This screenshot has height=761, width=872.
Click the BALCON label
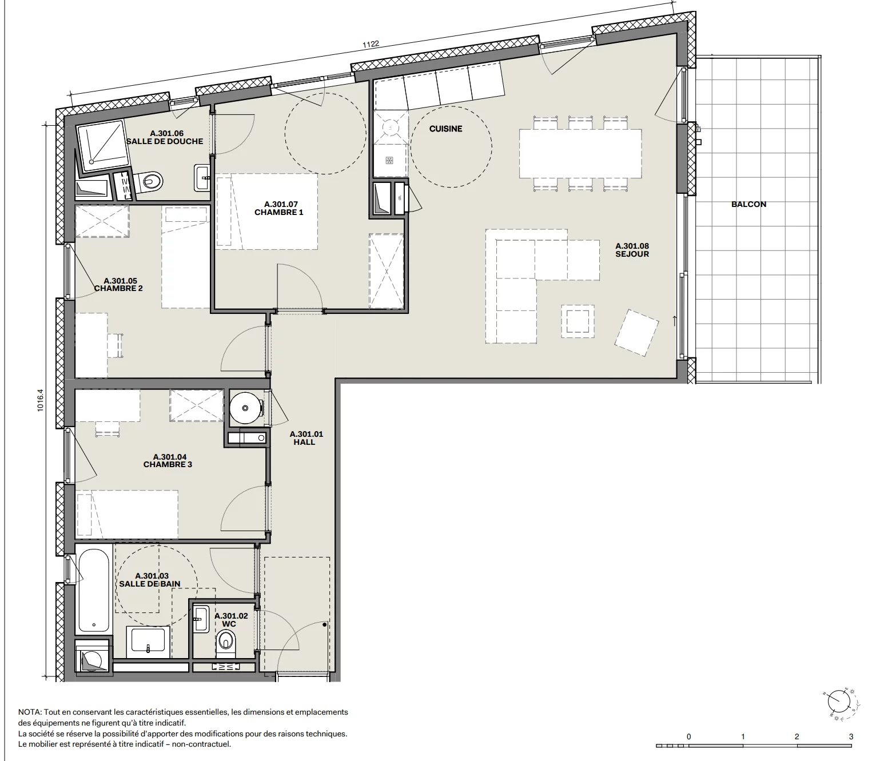[x=748, y=204]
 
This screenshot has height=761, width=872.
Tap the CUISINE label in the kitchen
[x=445, y=129]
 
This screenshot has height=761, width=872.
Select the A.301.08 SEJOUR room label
[x=632, y=250]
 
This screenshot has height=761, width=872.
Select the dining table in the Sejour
[x=580, y=153]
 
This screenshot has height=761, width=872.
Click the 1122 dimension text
[x=371, y=45]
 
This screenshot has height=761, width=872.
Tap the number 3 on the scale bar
[x=851, y=736]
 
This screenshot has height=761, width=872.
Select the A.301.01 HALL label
[x=306, y=438]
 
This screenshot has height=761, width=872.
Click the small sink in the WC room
[x=201, y=620]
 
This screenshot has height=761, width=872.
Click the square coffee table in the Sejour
[x=578, y=321]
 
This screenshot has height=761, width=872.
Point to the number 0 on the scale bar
[x=688, y=736]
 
